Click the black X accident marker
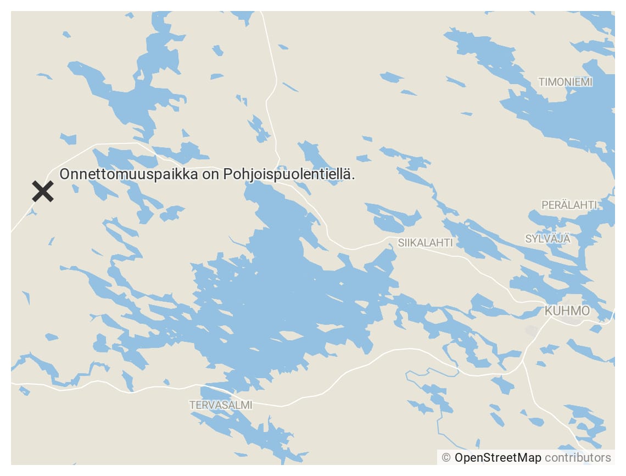pyautogui.click(x=42, y=191)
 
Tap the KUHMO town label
pyautogui.click(x=567, y=311)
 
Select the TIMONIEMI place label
pyautogui.click(x=566, y=82)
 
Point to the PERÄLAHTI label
pyautogui.click(x=569, y=205)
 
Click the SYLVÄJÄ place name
pyautogui.click(x=547, y=239)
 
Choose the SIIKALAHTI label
pyautogui.click(x=426, y=242)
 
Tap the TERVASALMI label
pyautogui.click(x=221, y=405)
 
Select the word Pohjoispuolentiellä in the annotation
pyautogui.click(x=289, y=175)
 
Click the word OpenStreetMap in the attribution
pyautogui.click(x=498, y=458)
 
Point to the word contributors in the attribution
pyautogui.click(x=578, y=458)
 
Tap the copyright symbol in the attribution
pyautogui.click(x=446, y=458)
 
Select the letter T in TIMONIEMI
pyautogui.click(x=541, y=82)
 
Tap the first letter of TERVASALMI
pyautogui.click(x=192, y=405)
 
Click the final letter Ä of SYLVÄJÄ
pyautogui.click(x=567, y=239)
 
